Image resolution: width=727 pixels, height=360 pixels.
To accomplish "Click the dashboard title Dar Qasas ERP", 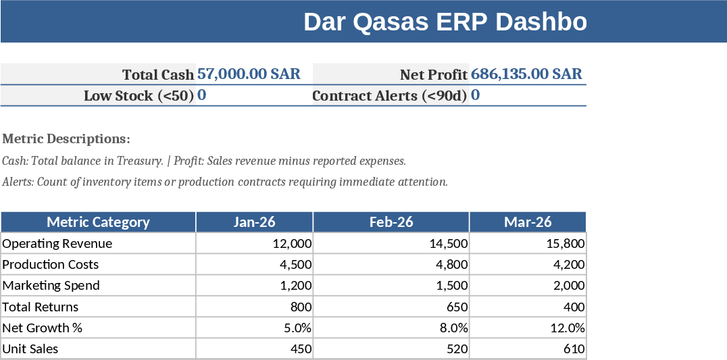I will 445,22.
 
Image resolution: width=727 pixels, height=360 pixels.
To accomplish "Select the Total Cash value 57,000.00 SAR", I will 249,74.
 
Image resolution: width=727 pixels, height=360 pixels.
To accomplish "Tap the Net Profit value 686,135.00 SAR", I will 526,74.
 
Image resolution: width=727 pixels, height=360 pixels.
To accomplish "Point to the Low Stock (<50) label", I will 139,96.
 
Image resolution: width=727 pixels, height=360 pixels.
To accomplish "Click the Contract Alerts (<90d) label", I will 389,96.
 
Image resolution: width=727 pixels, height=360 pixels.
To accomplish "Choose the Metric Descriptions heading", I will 66,139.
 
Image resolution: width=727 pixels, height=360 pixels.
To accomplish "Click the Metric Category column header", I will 98,222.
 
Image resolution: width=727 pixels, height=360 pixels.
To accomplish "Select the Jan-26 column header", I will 254,222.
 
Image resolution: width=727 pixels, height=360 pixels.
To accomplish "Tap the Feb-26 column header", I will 391,222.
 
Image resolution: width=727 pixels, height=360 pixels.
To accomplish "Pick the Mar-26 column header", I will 528,222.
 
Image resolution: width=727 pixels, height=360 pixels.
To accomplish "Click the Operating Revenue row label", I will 57,243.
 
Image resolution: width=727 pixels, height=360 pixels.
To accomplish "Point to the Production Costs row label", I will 51,264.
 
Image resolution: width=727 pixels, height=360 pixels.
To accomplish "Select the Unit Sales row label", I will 30,349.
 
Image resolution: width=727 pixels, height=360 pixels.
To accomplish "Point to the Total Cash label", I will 158,74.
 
